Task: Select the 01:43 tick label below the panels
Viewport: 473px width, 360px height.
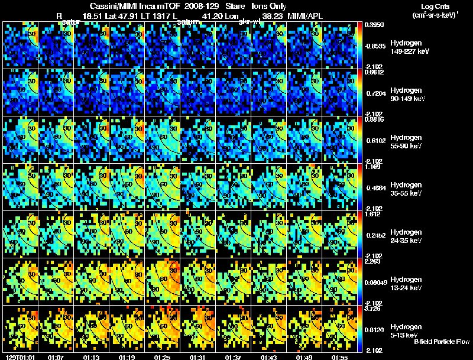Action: click(268, 357)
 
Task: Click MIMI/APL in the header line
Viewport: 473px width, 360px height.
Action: click(306, 15)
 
